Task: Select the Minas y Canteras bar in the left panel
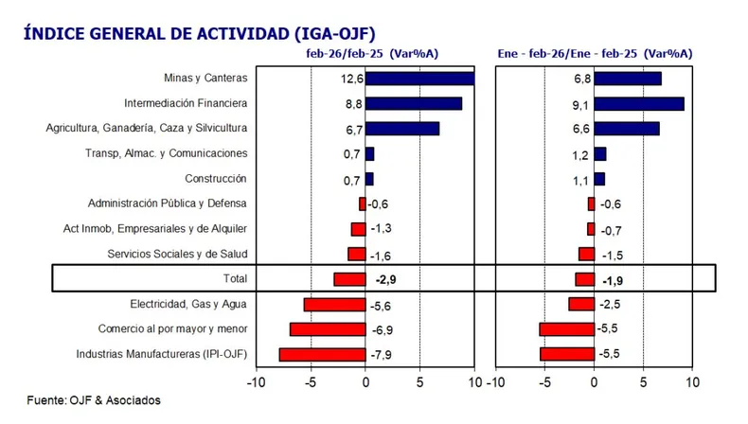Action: pos(419,79)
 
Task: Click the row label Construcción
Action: pos(215,178)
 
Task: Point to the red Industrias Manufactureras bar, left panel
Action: pos(322,355)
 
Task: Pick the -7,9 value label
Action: pos(382,355)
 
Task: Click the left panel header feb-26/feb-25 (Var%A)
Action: pos(365,56)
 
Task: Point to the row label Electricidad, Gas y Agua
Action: pos(187,304)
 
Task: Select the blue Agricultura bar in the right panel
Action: pos(627,129)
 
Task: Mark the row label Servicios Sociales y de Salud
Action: pos(177,254)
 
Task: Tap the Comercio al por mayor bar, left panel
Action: pos(328,329)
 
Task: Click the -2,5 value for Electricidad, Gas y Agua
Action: pos(611,304)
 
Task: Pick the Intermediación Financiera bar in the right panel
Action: pos(639,104)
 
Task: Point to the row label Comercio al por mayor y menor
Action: pos(172,329)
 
